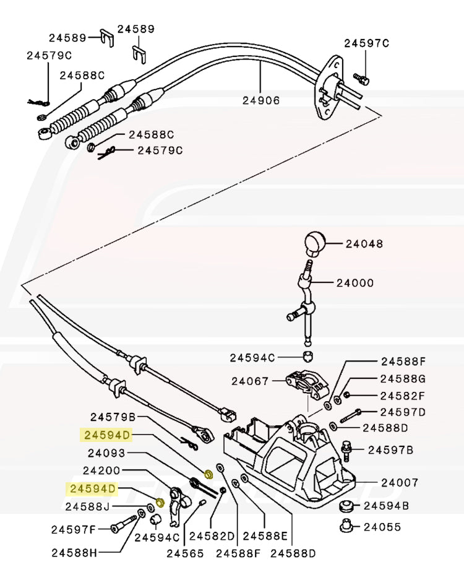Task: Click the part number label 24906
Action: [x=261, y=100]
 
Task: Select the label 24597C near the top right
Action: [x=367, y=43]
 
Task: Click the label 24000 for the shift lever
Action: [x=355, y=283]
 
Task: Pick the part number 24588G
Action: [x=403, y=378]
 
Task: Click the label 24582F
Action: [x=403, y=395]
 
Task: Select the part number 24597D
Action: [x=403, y=412]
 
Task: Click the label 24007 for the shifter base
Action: [x=400, y=482]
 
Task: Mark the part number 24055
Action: [x=382, y=527]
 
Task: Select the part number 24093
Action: [x=106, y=453]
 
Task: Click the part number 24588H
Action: [x=74, y=552]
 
